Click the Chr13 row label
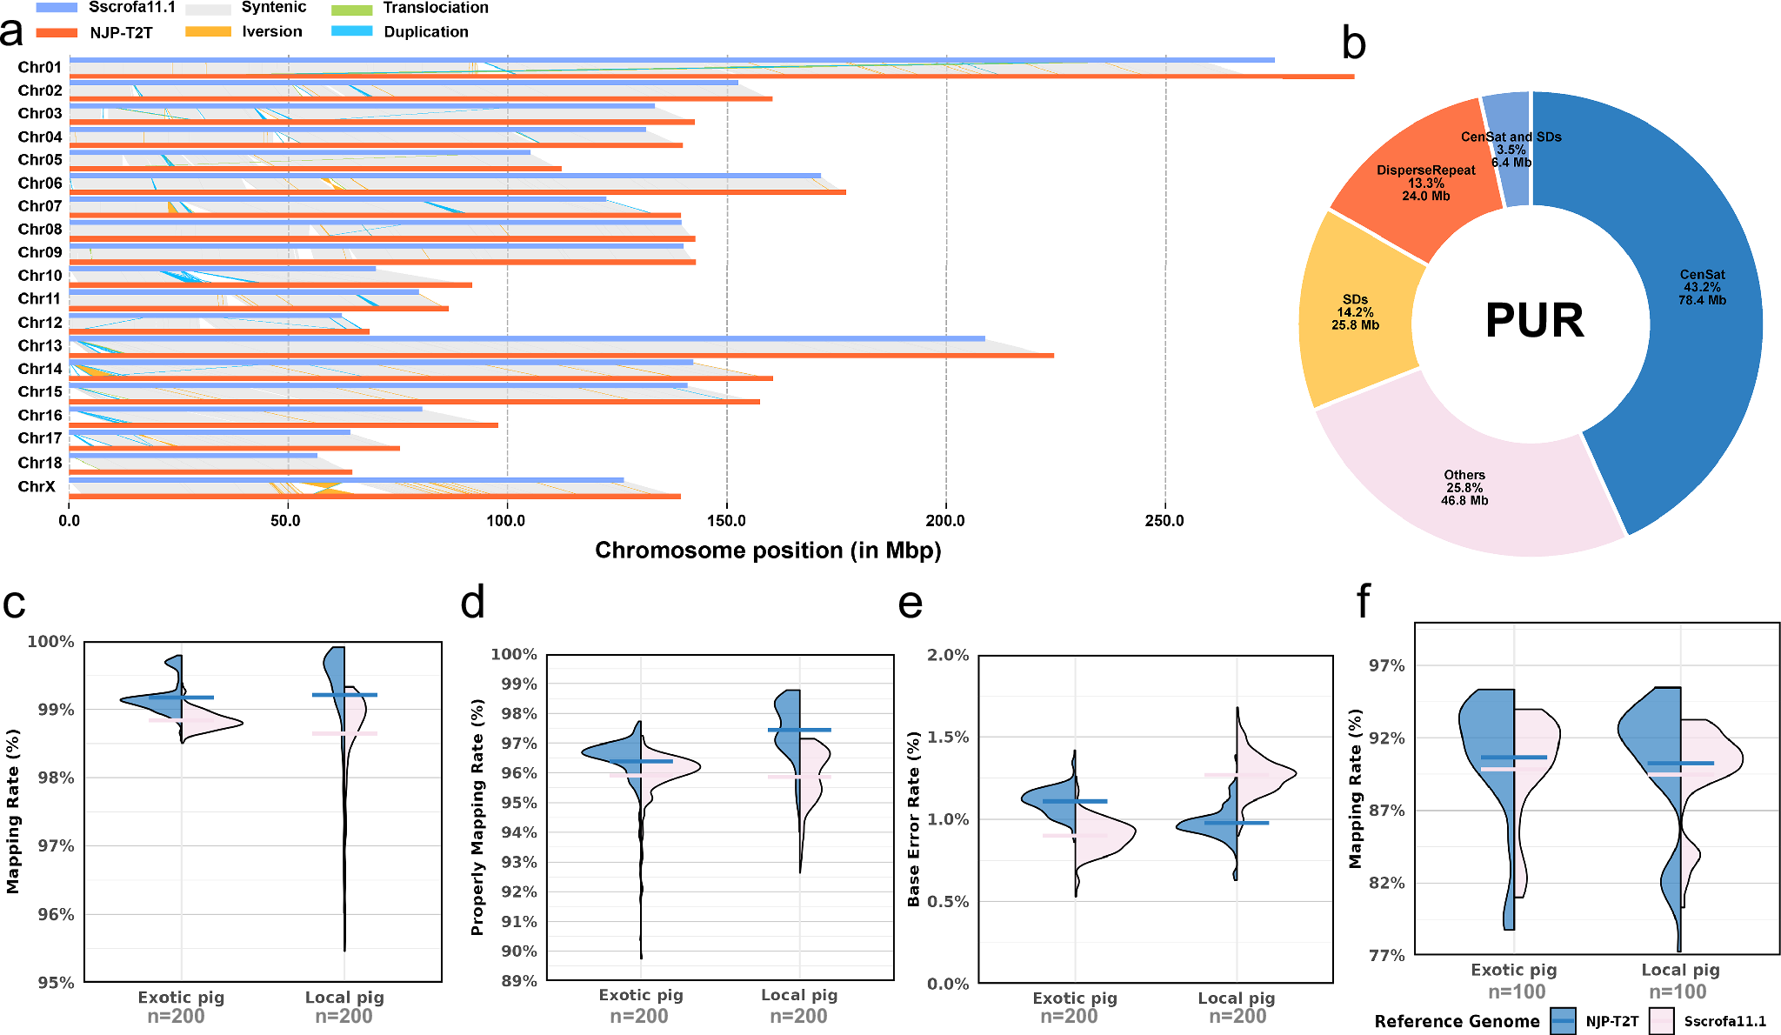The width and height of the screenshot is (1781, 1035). [x=40, y=346]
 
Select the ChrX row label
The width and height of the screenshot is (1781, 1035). [x=37, y=486]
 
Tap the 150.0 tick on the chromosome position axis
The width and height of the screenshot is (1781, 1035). [x=726, y=521]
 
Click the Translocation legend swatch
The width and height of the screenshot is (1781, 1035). [x=352, y=10]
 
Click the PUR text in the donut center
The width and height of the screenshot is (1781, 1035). [x=1535, y=321]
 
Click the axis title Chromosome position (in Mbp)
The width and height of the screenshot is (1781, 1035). [x=768, y=551]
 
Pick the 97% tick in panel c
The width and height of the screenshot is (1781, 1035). [x=56, y=846]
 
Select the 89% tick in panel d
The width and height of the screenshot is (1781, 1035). [x=516, y=981]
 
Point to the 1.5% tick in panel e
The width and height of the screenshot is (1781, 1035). [x=948, y=738]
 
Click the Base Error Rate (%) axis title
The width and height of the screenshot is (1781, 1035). [x=913, y=819]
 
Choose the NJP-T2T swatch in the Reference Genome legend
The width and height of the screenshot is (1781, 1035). [x=1563, y=1021]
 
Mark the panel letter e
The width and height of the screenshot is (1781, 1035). [x=910, y=603]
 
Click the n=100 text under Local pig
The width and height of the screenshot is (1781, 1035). [x=1678, y=992]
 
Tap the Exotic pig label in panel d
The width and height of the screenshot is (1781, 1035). [x=641, y=995]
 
